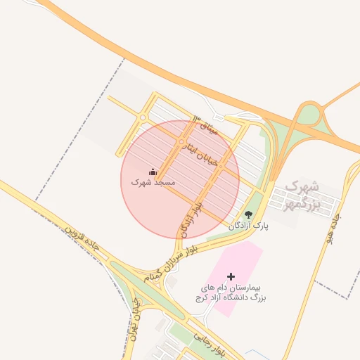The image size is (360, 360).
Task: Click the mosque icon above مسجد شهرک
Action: point(153,172)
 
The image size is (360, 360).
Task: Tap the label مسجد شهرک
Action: point(153,182)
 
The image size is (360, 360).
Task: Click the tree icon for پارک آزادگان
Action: point(247,214)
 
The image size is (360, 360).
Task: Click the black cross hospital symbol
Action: point(231,277)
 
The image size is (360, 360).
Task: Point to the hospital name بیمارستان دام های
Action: point(230,288)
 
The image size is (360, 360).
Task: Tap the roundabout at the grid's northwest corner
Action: point(143,117)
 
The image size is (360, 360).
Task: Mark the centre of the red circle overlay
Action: point(180,179)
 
